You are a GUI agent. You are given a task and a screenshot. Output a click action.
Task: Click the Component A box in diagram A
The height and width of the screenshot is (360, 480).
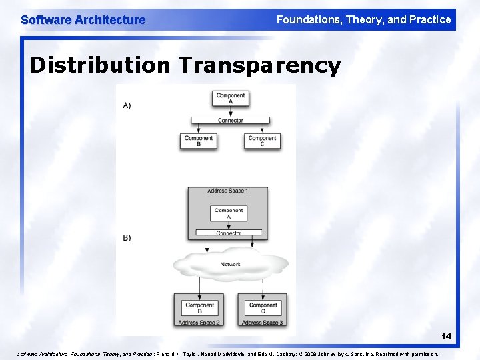point(231,98)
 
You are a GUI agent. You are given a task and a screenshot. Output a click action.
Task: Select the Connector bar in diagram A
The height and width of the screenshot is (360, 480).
point(230,121)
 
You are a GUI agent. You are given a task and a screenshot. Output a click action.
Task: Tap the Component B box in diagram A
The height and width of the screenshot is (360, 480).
point(198,141)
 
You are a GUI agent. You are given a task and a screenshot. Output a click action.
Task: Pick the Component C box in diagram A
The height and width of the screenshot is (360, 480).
point(262,141)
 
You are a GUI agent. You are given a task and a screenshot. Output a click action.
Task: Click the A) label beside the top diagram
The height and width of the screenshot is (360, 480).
point(127,105)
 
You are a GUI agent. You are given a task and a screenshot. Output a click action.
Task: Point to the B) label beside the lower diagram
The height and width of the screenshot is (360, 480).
point(127,238)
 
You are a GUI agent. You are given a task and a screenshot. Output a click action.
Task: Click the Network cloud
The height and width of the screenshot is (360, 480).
point(230,265)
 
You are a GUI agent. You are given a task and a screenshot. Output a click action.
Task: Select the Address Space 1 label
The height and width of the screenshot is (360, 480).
point(227,191)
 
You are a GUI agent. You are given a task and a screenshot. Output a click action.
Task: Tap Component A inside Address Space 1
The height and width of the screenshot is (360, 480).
point(229,213)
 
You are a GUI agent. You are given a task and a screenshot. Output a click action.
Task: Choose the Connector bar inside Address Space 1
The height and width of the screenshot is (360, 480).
point(229,233)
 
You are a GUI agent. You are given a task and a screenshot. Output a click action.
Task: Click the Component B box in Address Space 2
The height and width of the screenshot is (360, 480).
point(199,307)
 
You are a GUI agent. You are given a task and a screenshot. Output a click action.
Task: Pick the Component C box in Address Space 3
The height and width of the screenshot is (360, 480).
point(263,307)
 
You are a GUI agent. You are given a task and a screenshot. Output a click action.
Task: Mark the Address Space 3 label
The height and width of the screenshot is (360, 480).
point(262,323)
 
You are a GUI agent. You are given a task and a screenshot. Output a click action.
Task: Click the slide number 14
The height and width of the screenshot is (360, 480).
point(446,336)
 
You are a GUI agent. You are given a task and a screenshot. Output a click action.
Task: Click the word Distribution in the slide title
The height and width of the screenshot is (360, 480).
point(100,65)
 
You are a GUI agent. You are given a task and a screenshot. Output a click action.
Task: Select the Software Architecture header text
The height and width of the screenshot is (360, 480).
point(83,20)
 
